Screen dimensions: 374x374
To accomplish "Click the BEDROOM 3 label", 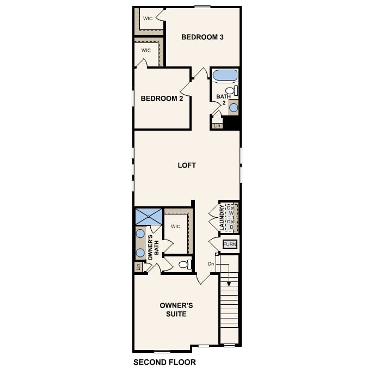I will (x=203, y=37).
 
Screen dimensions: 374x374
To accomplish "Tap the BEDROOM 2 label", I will (x=162, y=99).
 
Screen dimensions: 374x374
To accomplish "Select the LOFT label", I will (x=187, y=165).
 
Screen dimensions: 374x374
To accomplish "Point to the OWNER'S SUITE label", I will (x=176, y=310).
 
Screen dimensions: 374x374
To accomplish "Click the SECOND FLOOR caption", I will (x=164, y=362).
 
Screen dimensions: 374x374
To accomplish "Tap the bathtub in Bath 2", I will (x=225, y=75).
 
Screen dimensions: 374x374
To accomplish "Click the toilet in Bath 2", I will (x=231, y=90).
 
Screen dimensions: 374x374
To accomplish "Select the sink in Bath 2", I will (x=234, y=107).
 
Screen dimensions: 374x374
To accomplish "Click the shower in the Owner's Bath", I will (x=149, y=216).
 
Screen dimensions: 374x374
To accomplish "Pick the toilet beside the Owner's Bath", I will (x=184, y=265).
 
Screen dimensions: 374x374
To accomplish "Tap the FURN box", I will (x=230, y=244).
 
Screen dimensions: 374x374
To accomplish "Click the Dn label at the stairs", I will (x=211, y=264).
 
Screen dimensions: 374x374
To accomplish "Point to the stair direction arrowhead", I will (x=229, y=284).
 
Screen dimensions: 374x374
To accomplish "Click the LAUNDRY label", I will (x=222, y=217).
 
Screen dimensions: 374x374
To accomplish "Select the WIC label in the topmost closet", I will (x=148, y=19).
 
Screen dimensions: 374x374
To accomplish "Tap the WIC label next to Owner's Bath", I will (x=175, y=226).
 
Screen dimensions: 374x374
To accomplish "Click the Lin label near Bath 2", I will (x=217, y=126).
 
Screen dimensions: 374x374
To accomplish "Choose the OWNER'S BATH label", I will (x=154, y=245).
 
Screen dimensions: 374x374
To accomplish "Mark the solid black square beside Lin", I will (x=232, y=124).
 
